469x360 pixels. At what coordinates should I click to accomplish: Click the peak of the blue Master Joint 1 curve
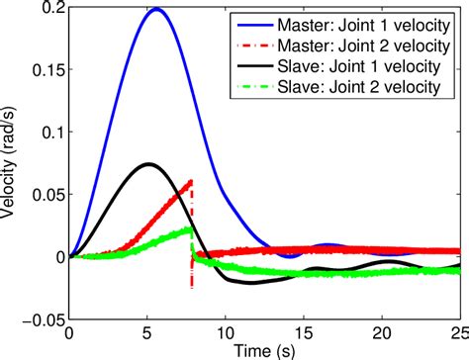click(155, 9)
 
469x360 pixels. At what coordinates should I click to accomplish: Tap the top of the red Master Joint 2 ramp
click(190, 181)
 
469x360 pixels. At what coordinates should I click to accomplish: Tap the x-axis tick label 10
click(226, 333)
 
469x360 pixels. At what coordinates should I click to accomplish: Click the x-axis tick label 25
click(458, 333)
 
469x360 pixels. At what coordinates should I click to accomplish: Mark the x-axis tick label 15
click(304, 333)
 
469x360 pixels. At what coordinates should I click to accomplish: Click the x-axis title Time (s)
click(264, 350)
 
